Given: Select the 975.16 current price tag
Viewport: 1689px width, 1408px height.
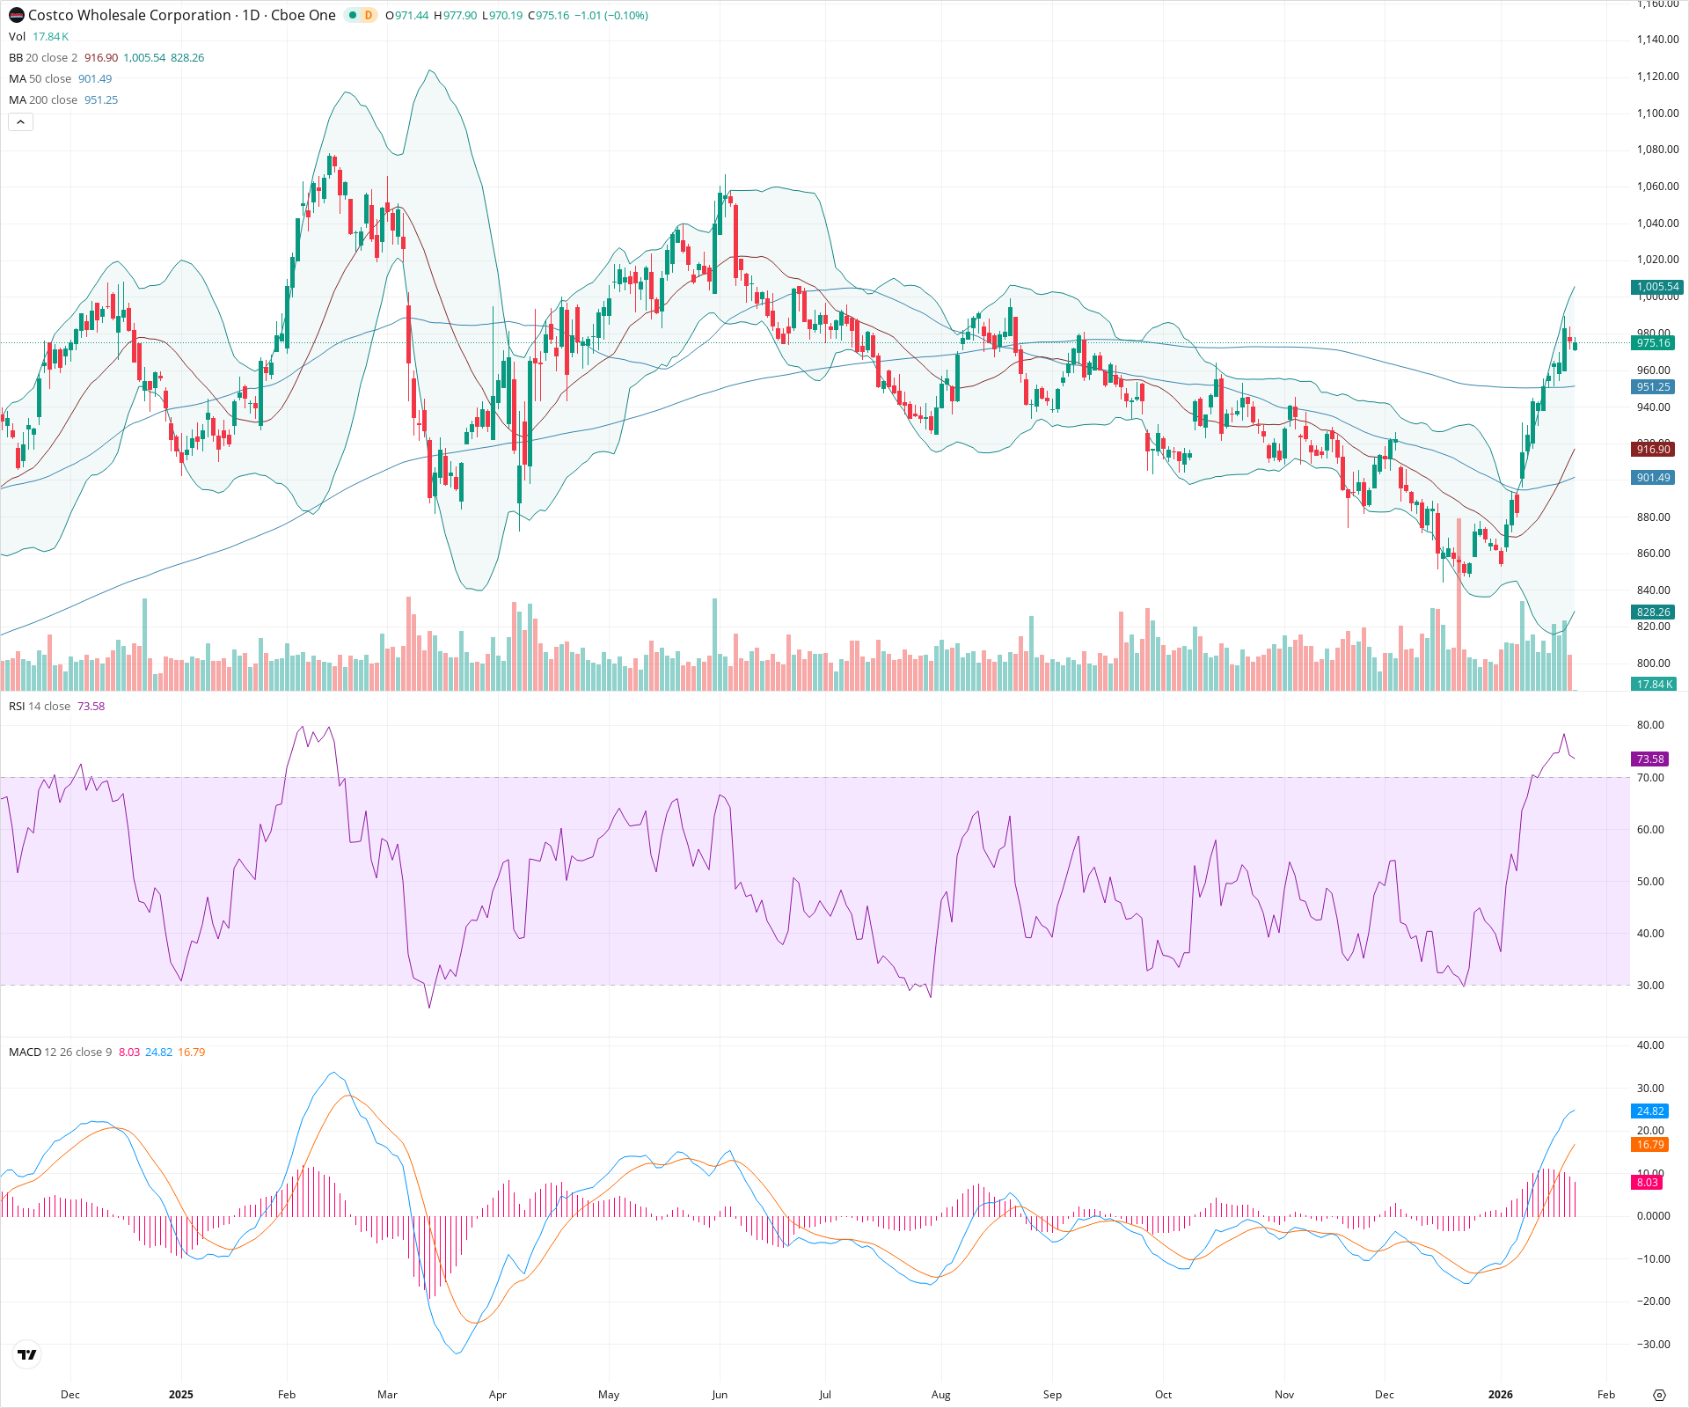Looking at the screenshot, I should click(1653, 343).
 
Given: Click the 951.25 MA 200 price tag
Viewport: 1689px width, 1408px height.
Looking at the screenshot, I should click(1653, 387).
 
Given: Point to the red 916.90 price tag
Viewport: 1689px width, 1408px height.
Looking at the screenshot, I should click(1653, 450).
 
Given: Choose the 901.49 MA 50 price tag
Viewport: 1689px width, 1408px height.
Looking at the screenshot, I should click(1653, 478).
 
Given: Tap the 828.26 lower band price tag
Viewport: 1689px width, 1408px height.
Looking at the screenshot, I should click(1653, 612).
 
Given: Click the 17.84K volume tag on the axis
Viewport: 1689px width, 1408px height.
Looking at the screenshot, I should click(1653, 685).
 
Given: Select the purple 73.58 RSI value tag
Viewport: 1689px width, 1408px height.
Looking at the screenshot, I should click(1649, 759).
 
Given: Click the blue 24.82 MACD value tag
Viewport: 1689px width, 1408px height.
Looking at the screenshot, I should click(1649, 1111).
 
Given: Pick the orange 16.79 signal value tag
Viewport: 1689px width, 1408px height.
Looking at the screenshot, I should click(1649, 1145).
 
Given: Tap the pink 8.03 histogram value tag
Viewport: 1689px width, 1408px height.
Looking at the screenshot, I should click(1647, 1183).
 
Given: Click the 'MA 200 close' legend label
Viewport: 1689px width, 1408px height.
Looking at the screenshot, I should click(43, 100).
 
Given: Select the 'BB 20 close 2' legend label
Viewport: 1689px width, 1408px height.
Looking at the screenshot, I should click(43, 58).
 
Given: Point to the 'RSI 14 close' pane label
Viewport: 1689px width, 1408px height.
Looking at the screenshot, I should click(40, 707).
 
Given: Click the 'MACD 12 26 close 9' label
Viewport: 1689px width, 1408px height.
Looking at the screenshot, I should click(60, 1052).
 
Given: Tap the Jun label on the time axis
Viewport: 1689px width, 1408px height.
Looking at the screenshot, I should click(720, 1395).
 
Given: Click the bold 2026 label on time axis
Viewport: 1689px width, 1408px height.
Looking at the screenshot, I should click(1500, 1395).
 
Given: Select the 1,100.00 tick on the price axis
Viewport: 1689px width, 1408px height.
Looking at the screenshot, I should click(1657, 114).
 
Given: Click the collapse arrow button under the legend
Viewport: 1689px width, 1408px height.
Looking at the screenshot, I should click(20, 122).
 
